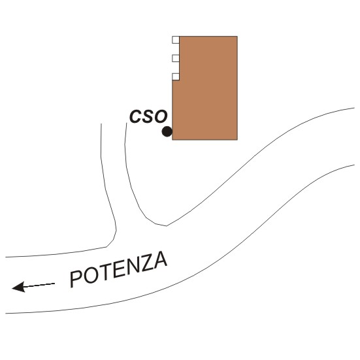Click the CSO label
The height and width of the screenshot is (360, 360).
148,116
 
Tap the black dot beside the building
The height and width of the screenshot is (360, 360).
167,131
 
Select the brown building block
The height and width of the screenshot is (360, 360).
205,88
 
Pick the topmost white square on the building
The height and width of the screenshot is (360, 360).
176,40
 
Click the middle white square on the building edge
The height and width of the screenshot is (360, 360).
176,58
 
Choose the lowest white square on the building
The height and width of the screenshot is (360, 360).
176,76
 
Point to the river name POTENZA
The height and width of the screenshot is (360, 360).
118,269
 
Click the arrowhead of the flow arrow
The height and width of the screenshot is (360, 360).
18,287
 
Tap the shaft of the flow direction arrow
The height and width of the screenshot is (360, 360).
39,285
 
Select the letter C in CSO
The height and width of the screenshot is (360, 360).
135,117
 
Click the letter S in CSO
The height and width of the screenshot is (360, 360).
148,116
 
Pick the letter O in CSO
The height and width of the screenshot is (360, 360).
161,116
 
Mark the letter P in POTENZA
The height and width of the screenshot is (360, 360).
76,279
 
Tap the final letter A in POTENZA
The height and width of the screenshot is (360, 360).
160,259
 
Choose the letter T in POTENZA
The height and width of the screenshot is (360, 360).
105,272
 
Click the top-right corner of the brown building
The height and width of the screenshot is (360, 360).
237,37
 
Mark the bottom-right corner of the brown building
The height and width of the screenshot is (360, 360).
237,140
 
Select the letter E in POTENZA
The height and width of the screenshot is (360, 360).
118,270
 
